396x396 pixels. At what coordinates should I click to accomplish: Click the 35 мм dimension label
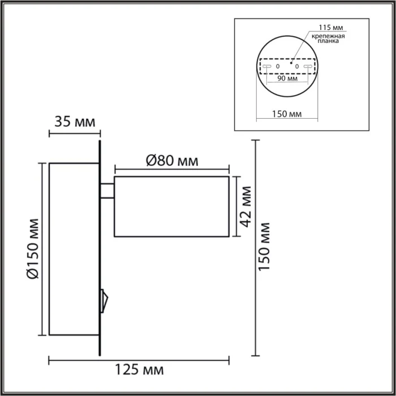tap(75, 121)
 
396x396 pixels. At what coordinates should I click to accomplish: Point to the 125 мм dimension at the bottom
tap(139, 371)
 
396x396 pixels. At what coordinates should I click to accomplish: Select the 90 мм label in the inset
tap(287, 79)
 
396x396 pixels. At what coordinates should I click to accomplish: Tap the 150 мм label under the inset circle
tap(287, 114)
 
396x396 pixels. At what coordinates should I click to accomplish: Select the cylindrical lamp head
tap(171, 206)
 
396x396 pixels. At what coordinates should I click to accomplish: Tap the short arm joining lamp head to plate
tap(107, 191)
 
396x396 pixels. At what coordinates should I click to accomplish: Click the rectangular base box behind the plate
tap(74, 249)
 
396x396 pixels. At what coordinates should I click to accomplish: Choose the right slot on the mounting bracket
tap(308, 67)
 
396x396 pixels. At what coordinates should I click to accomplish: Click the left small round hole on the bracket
tap(278, 67)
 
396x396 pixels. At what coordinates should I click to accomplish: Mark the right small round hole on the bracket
tap(296, 67)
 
